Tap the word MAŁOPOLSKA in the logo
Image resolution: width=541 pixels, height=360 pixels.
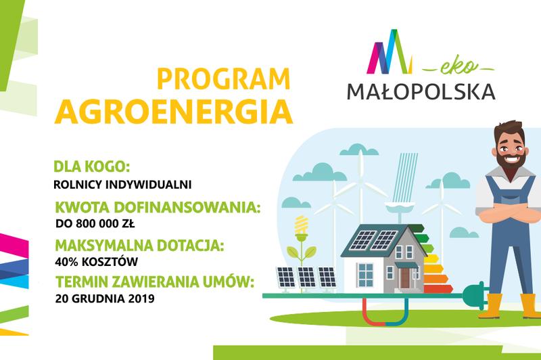point(421,89)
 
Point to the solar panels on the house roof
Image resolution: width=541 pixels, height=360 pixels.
point(370,240)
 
